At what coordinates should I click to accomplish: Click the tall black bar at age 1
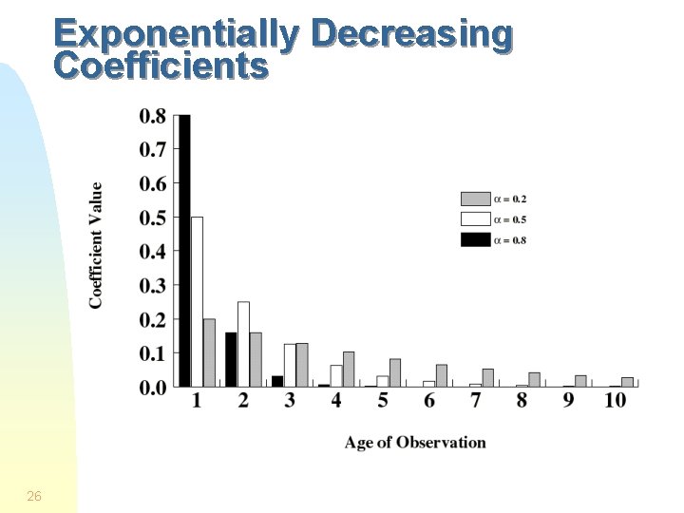point(185,251)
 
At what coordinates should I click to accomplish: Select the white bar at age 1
point(197,301)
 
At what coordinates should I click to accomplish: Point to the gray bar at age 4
point(349,369)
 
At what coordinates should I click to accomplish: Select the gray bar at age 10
point(627,381)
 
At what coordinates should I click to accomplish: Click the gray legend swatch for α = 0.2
point(474,199)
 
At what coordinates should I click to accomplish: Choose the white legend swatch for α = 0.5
point(474,219)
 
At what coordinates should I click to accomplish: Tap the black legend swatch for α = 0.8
point(474,239)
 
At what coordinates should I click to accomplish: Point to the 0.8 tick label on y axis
point(153,117)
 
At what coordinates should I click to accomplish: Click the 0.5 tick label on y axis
point(153,218)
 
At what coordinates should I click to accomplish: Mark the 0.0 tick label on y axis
point(153,387)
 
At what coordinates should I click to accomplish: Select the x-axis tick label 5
point(383,401)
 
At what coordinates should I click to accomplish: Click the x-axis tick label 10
point(615,401)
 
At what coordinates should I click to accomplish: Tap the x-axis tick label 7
point(475,401)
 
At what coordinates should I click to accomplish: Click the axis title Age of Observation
point(415,443)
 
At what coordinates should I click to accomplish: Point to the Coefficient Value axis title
point(97,245)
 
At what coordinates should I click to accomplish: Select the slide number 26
point(34,496)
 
